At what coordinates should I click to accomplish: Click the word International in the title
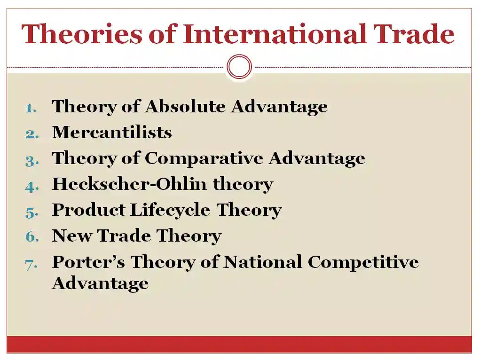pyautogui.click(x=274, y=34)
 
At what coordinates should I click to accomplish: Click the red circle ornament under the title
pyautogui.click(x=239, y=66)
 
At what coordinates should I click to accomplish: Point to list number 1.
pyautogui.click(x=31, y=108)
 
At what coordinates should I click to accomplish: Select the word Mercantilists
pyautogui.click(x=112, y=133)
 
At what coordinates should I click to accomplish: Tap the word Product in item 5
pyautogui.click(x=88, y=210)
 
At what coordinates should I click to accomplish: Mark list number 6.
pyautogui.click(x=31, y=236)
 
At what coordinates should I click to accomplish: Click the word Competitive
pyautogui.click(x=363, y=262)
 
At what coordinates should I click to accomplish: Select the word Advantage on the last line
pyautogui.click(x=100, y=283)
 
